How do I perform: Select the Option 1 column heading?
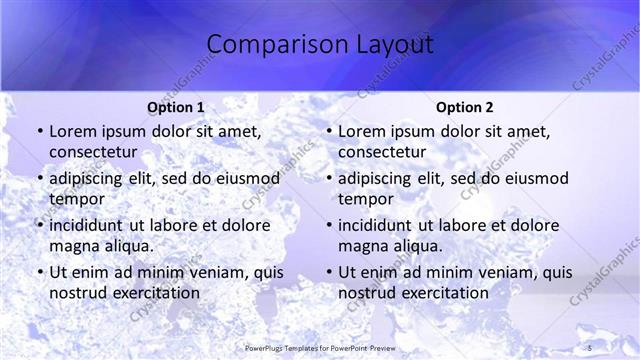coord(175,107)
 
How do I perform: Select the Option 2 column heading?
coord(465,107)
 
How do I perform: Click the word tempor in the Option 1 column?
coord(75,198)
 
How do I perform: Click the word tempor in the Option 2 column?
coord(364,198)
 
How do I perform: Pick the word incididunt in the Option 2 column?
coord(375,226)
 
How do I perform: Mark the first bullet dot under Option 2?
coord(328,132)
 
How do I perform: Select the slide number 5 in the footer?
coord(590,347)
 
